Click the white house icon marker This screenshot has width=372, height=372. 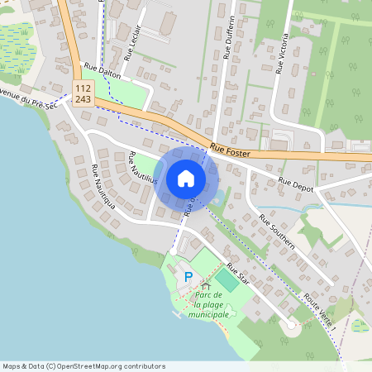[x=186, y=179]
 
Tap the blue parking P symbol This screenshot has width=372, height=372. [x=188, y=277]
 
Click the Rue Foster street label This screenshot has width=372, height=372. [x=229, y=150]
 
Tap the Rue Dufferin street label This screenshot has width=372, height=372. [x=231, y=37]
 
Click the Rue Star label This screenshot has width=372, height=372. [x=238, y=274]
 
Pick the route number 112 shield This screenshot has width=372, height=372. [x=83, y=88]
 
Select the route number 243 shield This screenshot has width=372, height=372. [x=83, y=98]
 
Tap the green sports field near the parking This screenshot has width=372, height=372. [x=227, y=281]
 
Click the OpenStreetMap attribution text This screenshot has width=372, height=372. [x=83, y=366]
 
